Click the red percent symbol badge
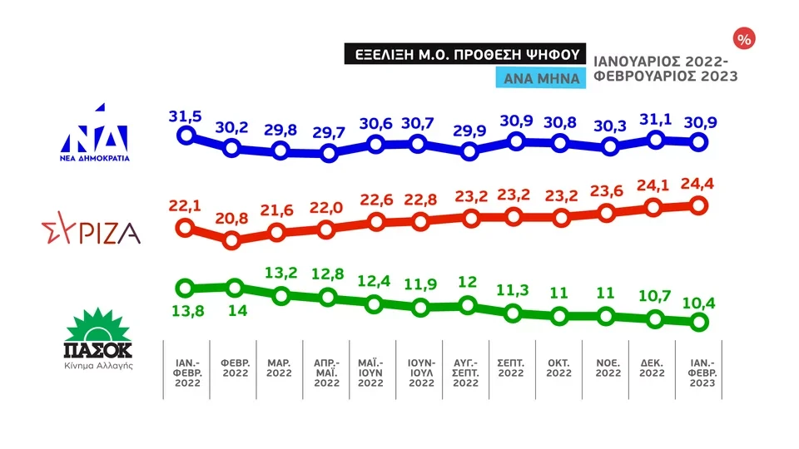742,39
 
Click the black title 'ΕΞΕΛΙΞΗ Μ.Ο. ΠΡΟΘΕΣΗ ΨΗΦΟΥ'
466,54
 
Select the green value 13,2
281,273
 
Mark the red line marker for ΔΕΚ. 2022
654,209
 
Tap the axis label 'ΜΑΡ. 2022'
280,368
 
